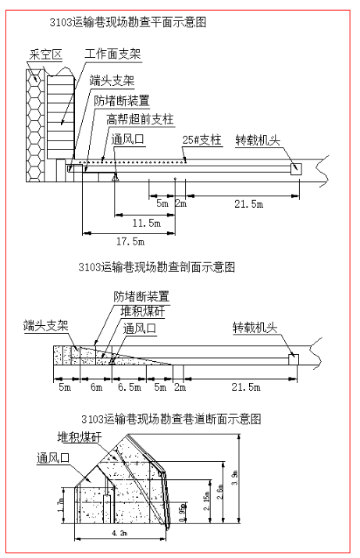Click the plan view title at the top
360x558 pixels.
(x=128, y=22)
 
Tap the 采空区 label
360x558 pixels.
(x=46, y=55)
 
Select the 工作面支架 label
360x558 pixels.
(x=112, y=54)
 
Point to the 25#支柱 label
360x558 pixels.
(x=201, y=140)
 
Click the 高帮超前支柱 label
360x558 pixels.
(x=140, y=120)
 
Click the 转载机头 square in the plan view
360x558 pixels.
(x=296, y=169)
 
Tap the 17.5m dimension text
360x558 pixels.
(x=130, y=241)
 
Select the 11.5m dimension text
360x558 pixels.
(x=147, y=224)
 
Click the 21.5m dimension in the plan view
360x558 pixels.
(x=248, y=204)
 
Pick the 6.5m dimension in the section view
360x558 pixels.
(x=130, y=387)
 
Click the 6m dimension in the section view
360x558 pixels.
(x=96, y=387)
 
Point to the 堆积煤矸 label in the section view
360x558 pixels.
(x=142, y=311)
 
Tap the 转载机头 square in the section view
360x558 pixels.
(x=294, y=359)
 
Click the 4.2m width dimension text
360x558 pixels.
(x=119, y=533)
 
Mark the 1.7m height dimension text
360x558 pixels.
(x=60, y=506)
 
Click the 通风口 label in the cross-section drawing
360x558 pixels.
(x=53, y=458)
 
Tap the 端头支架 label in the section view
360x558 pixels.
(x=45, y=325)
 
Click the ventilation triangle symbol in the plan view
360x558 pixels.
(x=115, y=177)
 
